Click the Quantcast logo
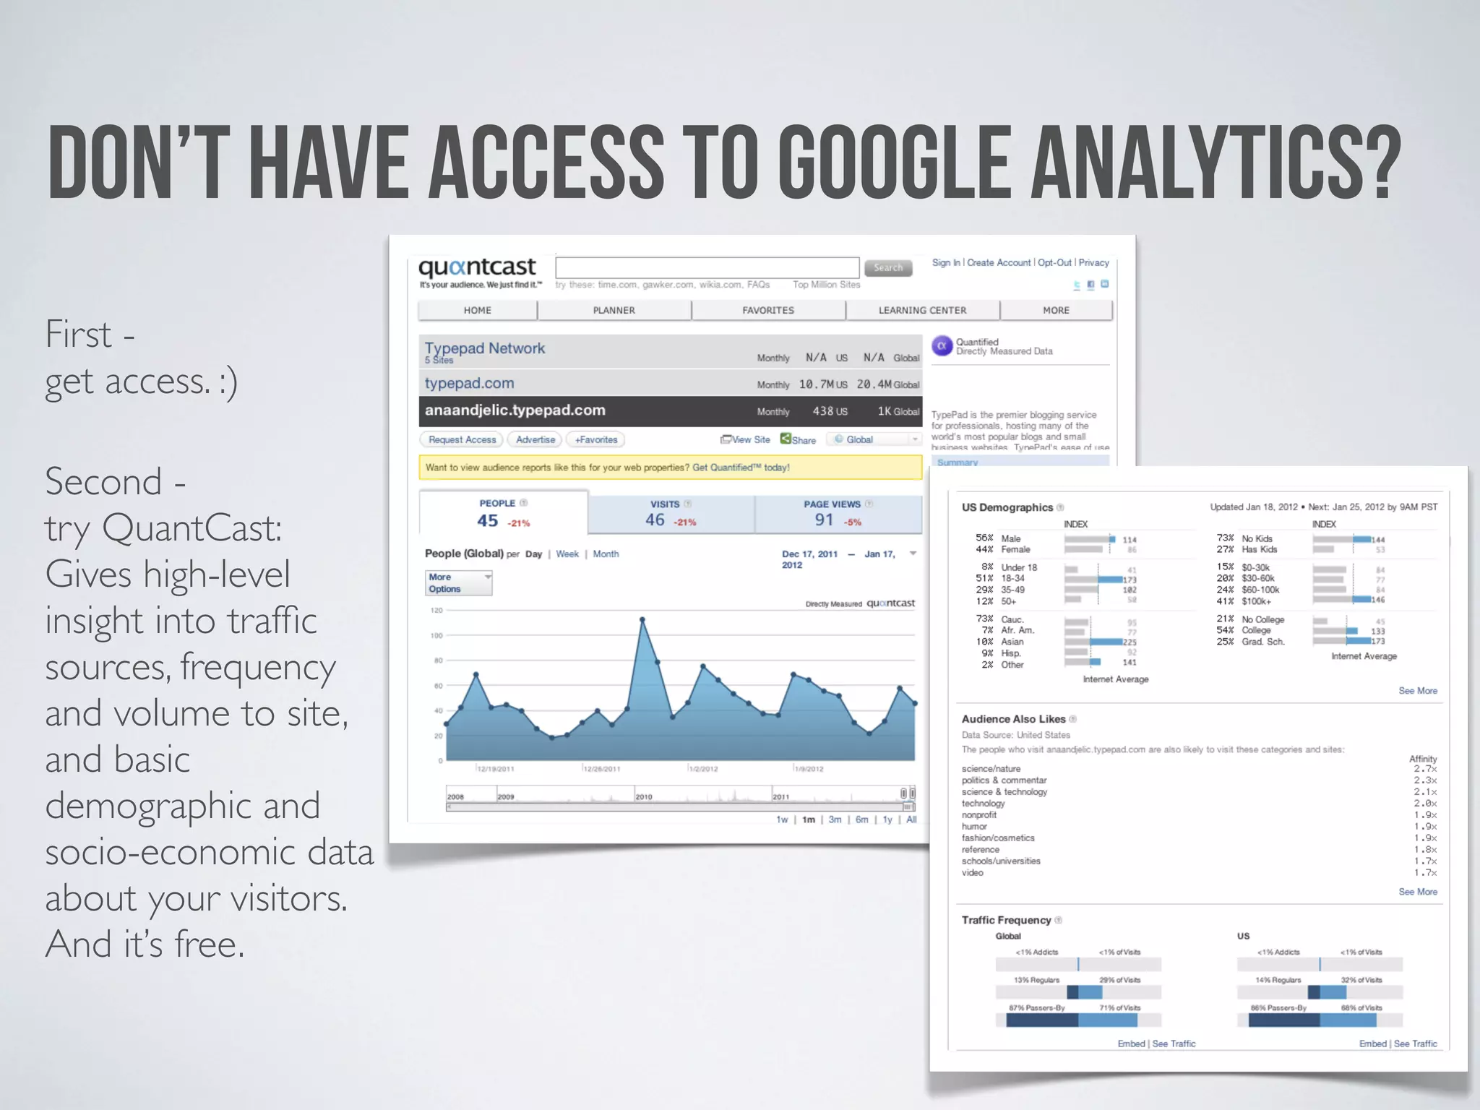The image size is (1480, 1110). click(477, 268)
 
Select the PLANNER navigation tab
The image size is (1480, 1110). click(614, 310)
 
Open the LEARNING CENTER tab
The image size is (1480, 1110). click(922, 310)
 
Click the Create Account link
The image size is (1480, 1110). click(999, 262)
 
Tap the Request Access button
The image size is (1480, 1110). click(462, 439)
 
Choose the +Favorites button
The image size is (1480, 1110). click(596, 439)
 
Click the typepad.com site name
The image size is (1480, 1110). click(469, 383)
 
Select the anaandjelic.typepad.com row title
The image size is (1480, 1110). click(515, 410)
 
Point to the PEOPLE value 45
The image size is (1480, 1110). click(487, 520)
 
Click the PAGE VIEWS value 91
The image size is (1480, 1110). click(824, 520)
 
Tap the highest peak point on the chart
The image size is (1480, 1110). click(642, 619)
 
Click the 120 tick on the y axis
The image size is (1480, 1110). click(436, 611)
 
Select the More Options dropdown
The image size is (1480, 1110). click(458, 582)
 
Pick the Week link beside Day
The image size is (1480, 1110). click(567, 554)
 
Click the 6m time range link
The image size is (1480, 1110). click(861, 819)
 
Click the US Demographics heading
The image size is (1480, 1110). click(1007, 507)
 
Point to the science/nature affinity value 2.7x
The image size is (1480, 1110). click(1425, 769)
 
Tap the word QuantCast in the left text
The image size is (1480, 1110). click(192, 528)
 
